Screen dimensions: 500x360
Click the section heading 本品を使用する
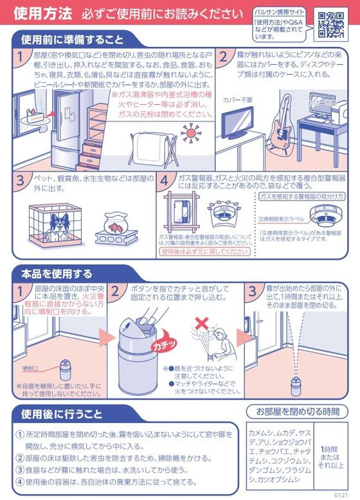click(53, 274)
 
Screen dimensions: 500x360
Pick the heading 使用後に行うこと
click(59, 411)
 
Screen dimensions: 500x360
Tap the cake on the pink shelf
click(33, 116)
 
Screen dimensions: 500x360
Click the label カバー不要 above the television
click(237, 100)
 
